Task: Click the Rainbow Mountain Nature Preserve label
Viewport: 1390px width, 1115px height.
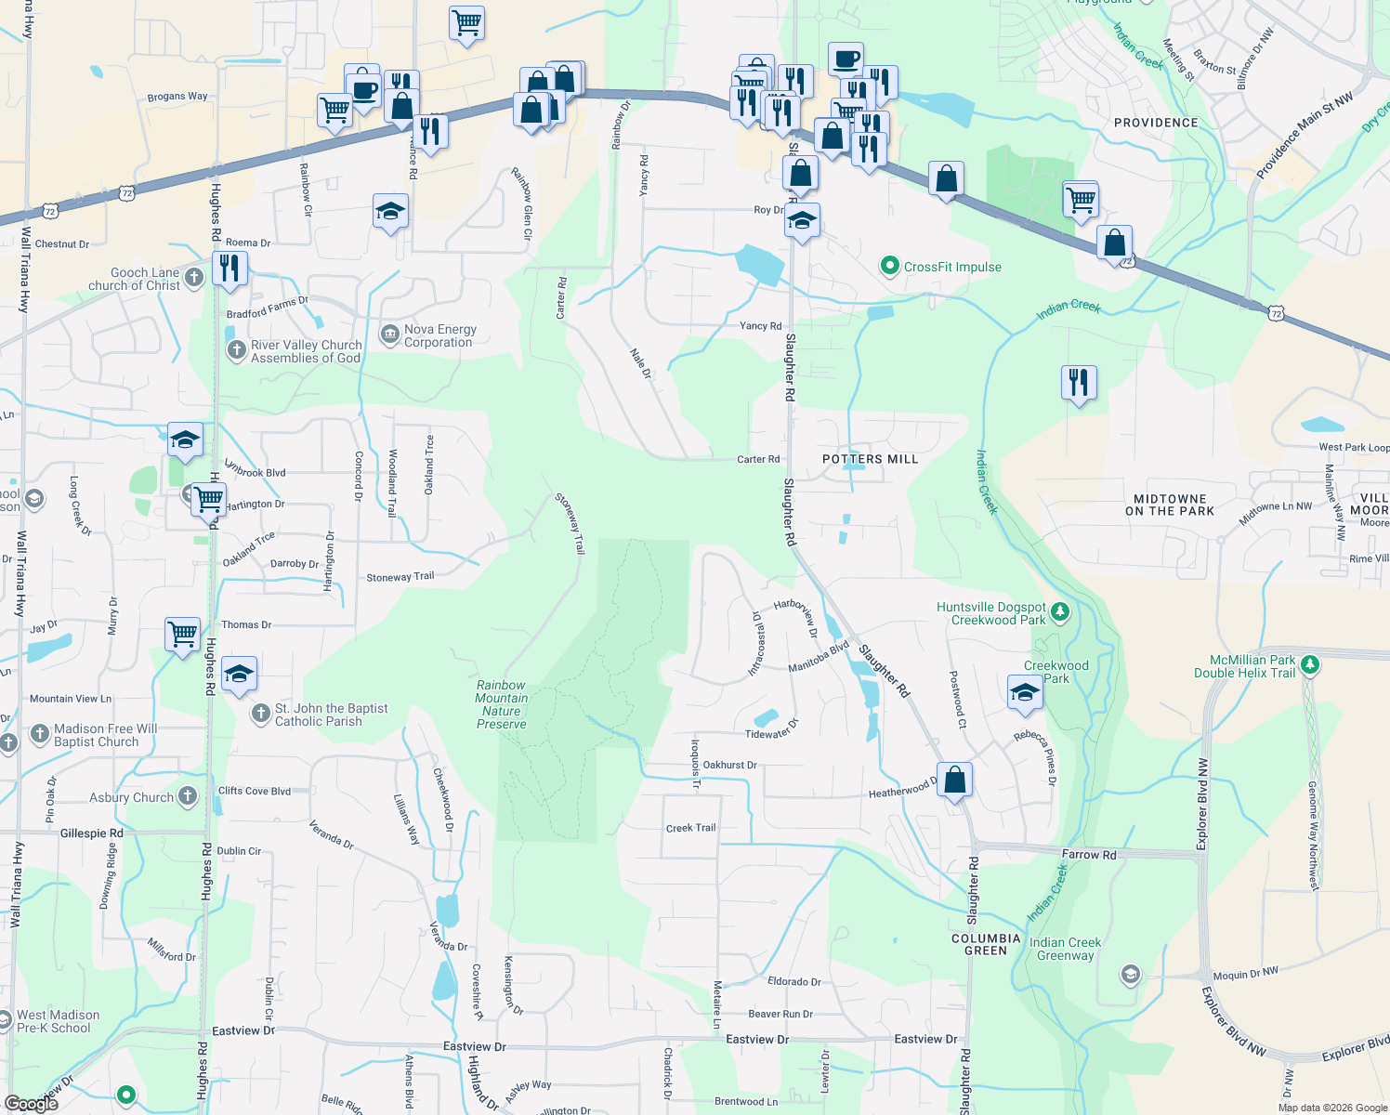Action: [x=502, y=704]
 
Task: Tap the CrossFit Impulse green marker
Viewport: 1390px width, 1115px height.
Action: [x=889, y=267]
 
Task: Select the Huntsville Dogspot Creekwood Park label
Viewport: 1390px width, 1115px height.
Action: [x=991, y=613]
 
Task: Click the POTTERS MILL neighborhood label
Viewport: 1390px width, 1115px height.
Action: [x=870, y=459]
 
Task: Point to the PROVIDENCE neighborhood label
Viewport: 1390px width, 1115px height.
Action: [x=1156, y=123]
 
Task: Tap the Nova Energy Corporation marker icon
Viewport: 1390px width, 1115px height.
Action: [x=390, y=333]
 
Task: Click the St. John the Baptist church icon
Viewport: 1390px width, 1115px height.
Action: [x=261, y=713]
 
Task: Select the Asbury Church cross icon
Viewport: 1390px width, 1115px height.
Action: [x=188, y=795]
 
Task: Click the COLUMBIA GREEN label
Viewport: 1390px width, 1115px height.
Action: [x=986, y=944]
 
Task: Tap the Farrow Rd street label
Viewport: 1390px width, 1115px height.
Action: [x=1089, y=854]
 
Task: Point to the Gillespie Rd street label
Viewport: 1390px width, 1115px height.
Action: [x=91, y=833]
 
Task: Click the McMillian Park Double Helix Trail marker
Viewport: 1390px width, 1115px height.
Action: [x=1310, y=664]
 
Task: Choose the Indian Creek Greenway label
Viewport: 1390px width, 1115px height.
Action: [x=1065, y=949]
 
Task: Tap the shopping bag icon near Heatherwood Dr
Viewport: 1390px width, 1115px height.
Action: [x=954, y=780]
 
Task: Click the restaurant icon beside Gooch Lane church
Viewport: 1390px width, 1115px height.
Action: [x=229, y=269]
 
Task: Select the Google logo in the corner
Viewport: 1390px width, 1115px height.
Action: [x=31, y=1103]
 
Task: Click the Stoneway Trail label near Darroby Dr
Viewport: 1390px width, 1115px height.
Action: [x=400, y=577]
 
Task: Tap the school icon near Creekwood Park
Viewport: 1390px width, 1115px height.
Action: [x=1024, y=693]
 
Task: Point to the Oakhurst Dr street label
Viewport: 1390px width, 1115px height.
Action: [x=729, y=765]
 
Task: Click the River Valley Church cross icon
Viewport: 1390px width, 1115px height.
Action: [x=236, y=349]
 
